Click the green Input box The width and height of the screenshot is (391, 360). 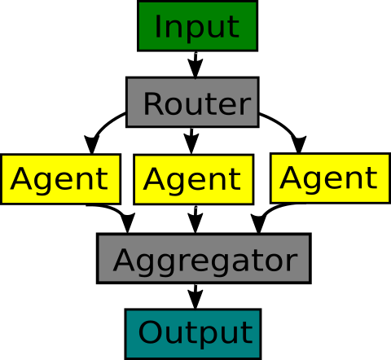click(197, 26)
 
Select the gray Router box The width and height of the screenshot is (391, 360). click(192, 102)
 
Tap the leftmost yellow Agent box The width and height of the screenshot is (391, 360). click(60, 179)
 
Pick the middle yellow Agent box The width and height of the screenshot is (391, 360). click(194, 179)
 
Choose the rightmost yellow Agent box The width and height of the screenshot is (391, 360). click(330, 178)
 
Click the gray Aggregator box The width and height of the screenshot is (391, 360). click(204, 258)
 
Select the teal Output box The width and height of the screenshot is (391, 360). click(193, 334)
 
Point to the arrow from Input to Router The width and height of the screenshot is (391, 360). click(195, 64)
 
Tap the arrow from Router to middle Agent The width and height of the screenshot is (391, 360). click(191, 141)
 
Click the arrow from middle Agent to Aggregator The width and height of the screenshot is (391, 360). click(195, 219)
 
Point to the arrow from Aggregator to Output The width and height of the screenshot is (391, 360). click(195, 296)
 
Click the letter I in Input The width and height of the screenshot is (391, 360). click(158, 26)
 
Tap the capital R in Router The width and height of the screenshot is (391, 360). click(153, 103)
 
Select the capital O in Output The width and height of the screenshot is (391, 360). click(150, 331)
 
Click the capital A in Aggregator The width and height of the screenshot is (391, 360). click(124, 260)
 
